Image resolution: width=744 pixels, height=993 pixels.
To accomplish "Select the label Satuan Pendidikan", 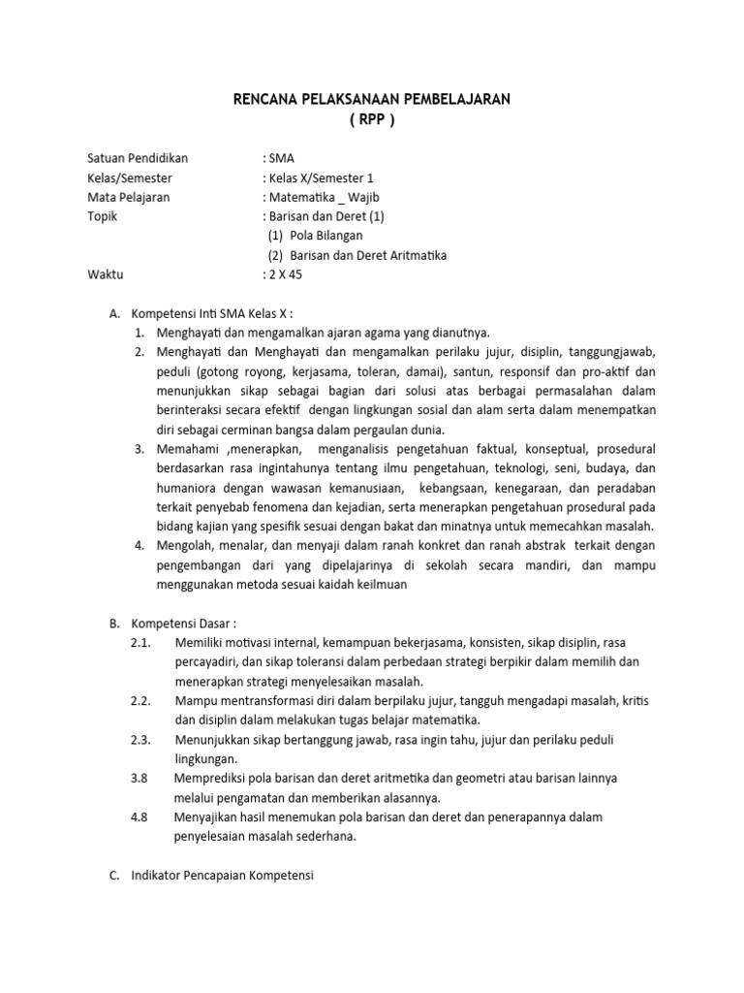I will coord(138,158).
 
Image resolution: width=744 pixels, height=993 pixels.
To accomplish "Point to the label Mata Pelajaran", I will coord(128,197).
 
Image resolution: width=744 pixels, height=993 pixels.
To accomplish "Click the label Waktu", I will coord(106,274).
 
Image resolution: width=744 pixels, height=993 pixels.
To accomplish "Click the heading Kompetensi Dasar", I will coord(183,623).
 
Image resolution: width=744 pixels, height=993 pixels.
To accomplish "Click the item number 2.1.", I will coord(139,642).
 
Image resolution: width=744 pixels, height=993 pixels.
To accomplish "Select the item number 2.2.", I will coord(139,700).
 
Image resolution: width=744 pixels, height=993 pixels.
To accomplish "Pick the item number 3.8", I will coord(139,778).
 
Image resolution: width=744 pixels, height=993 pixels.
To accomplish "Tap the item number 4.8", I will coord(139,817).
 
